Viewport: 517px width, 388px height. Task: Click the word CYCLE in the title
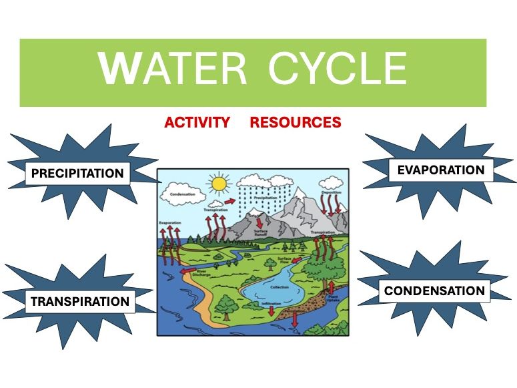click(x=338, y=68)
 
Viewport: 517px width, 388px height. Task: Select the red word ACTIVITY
click(x=197, y=123)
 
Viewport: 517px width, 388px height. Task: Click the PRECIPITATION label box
click(x=77, y=174)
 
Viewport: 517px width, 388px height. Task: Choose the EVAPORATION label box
click(x=440, y=170)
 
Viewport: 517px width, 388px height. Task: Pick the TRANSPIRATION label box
click(x=79, y=301)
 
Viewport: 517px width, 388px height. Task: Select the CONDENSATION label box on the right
click(x=434, y=291)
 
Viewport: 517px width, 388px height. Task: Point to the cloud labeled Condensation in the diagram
click(x=182, y=194)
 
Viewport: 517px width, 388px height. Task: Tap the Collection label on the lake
click(x=279, y=286)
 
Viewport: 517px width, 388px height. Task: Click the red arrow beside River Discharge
click(x=189, y=272)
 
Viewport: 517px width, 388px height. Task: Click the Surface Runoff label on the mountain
click(x=262, y=234)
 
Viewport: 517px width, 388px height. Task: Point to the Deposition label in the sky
click(x=331, y=192)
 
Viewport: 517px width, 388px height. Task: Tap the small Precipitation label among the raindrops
click(x=264, y=198)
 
